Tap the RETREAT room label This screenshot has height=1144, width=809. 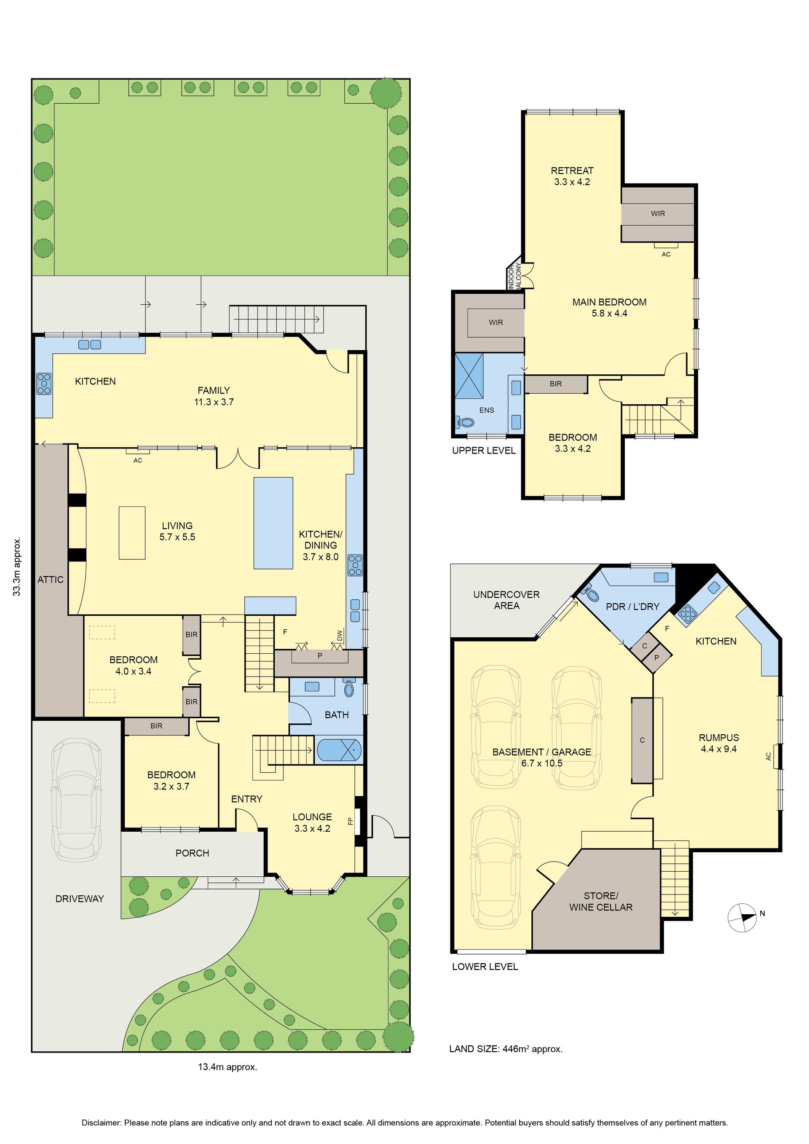[x=572, y=170]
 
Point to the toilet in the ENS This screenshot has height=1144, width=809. [x=465, y=422]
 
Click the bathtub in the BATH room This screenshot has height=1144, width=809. [x=339, y=750]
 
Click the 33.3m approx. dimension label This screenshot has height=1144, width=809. [x=17, y=566]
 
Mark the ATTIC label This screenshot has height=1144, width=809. [x=50, y=580]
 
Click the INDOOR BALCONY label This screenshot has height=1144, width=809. [x=514, y=276]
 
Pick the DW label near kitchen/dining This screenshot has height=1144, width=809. [x=340, y=636]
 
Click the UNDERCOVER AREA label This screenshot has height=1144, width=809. [x=506, y=600]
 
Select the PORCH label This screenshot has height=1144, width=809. [x=192, y=853]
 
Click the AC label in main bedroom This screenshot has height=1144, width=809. [x=666, y=254]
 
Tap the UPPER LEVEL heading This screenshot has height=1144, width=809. [x=484, y=451]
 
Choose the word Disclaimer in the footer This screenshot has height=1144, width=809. [x=101, y=1123]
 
